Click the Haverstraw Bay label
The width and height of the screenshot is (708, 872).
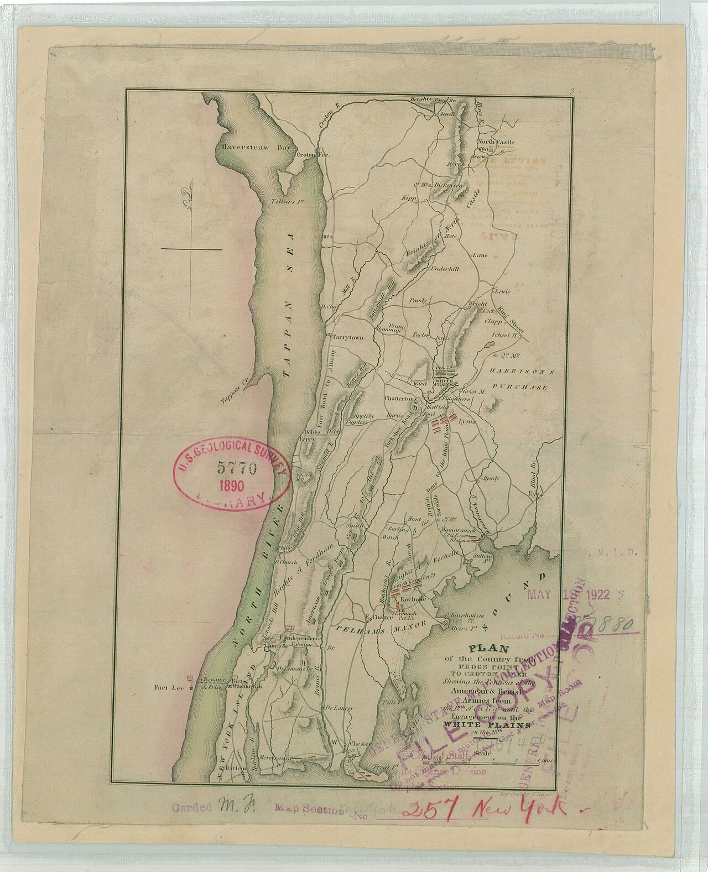click(x=248, y=148)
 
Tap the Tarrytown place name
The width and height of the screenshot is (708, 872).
click(x=348, y=337)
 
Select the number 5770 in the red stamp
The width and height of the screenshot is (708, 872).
click(x=237, y=468)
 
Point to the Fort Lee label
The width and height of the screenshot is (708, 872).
click(x=169, y=688)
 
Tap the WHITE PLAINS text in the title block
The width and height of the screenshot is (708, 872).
click(x=487, y=724)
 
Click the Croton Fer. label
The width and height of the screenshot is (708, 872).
click(x=313, y=155)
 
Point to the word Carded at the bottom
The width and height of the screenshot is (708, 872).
click(x=191, y=808)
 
